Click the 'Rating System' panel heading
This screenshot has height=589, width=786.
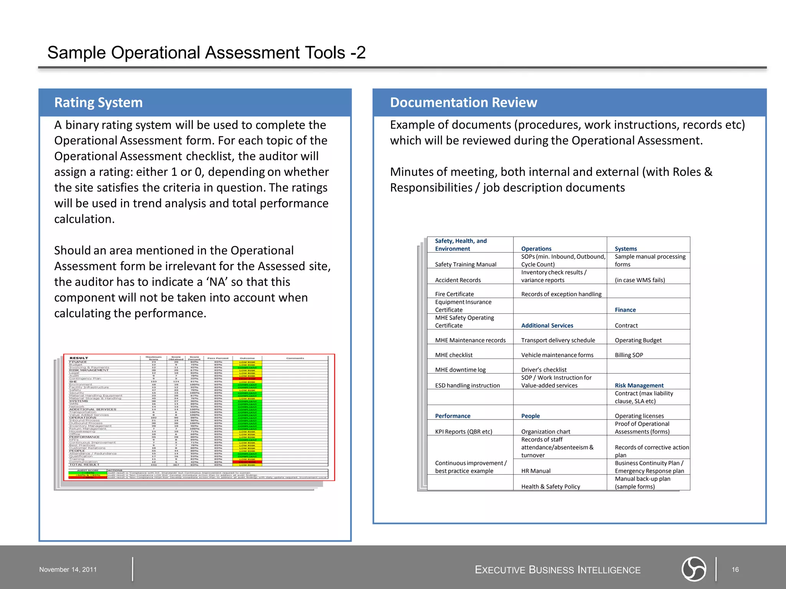tap(98, 103)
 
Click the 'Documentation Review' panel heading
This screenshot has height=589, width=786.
tap(463, 103)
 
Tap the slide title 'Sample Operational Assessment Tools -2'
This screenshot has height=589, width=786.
tap(206, 53)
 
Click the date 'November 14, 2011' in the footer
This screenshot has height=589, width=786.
tap(68, 569)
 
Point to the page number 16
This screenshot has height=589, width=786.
tap(735, 569)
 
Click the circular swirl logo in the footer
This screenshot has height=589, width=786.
tap(694, 569)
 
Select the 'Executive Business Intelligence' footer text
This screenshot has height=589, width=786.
tap(557, 570)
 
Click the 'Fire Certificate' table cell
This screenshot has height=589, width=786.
tap(454, 294)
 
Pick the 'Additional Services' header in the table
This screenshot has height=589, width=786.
tap(547, 326)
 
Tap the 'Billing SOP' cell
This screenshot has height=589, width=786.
tap(629, 355)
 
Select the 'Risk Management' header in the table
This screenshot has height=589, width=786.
tap(639, 385)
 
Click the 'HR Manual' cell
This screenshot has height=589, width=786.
tap(535, 471)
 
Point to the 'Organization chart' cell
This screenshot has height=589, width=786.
tap(545, 432)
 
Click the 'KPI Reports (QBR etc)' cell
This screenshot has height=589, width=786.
tap(463, 432)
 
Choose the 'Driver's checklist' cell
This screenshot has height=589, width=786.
tap(543, 370)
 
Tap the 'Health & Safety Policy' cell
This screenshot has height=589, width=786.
tap(550, 487)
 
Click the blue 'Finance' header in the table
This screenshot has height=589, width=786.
tap(625, 310)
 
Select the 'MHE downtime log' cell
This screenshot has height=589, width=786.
tap(460, 370)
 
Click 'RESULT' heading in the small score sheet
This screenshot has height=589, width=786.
tap(79, 358)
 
